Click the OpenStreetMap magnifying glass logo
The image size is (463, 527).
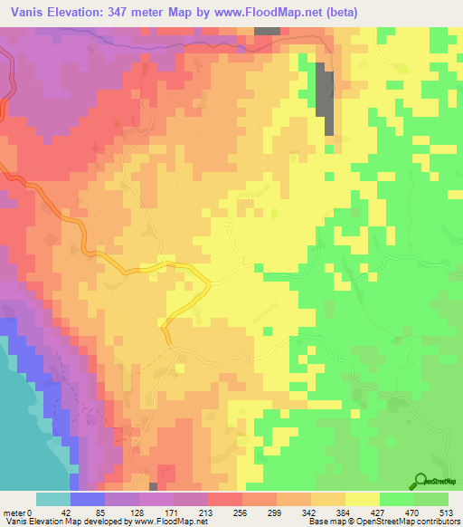(x=420, y=482)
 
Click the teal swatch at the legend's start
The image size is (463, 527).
(x=53, y=499)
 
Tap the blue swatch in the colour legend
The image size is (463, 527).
(x=88, y=499)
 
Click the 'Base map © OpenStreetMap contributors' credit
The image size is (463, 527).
(x=380, y=522)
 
